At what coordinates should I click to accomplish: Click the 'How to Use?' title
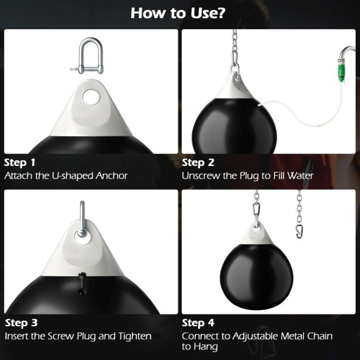(x=178, y=13)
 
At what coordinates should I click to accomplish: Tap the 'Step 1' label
(x=20, y=162)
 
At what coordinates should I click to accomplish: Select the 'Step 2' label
(x=198, y=162)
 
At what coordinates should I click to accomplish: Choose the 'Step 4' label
(x=198, y=323)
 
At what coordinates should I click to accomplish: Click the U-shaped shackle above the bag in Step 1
(x=90, y=56)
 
